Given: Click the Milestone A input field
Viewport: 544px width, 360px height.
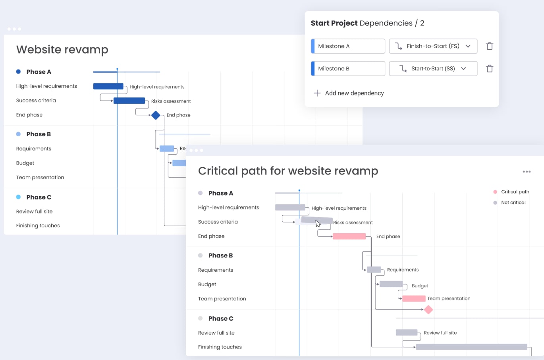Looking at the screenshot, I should [x=348, y=46].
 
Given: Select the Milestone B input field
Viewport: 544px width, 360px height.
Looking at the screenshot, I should [x=348, y=68].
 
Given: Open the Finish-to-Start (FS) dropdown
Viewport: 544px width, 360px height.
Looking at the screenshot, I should [x=433, y=46].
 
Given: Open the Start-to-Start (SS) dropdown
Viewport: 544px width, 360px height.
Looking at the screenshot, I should [x=433, y=68].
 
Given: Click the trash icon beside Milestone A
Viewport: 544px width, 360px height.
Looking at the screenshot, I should [x=489, y=46].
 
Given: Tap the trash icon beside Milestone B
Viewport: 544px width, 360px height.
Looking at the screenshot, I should [x=489, y=68].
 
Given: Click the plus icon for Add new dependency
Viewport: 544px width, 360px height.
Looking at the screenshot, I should [x=317, y=93].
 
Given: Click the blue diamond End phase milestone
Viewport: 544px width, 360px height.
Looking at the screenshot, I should [x=156, y=115].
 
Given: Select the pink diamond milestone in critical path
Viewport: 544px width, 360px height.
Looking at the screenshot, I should [x=428, y=310].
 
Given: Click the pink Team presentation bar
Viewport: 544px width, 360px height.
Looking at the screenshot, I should [x=413, y=298].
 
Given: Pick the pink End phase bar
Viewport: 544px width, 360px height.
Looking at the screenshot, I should [x=349, y=236].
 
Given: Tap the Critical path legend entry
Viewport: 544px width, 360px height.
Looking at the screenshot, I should [x=515, y=192].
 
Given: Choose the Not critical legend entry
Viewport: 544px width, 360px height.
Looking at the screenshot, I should [x=513, y=203].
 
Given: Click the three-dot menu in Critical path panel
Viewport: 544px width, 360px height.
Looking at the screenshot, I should [x=527, y=172].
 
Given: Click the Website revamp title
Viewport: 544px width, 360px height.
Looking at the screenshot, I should [x=62, y=50].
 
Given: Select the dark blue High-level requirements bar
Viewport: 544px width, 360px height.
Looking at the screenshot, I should [x=108, y=86].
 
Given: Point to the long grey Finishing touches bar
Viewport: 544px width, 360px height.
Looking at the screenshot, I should [x=471, y=347].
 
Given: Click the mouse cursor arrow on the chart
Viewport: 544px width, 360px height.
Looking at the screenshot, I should [x=318, y=223].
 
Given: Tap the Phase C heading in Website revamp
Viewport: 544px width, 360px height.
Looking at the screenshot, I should [x=39, y=197].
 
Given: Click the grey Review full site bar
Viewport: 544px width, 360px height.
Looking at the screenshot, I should [x=406, y=333].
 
